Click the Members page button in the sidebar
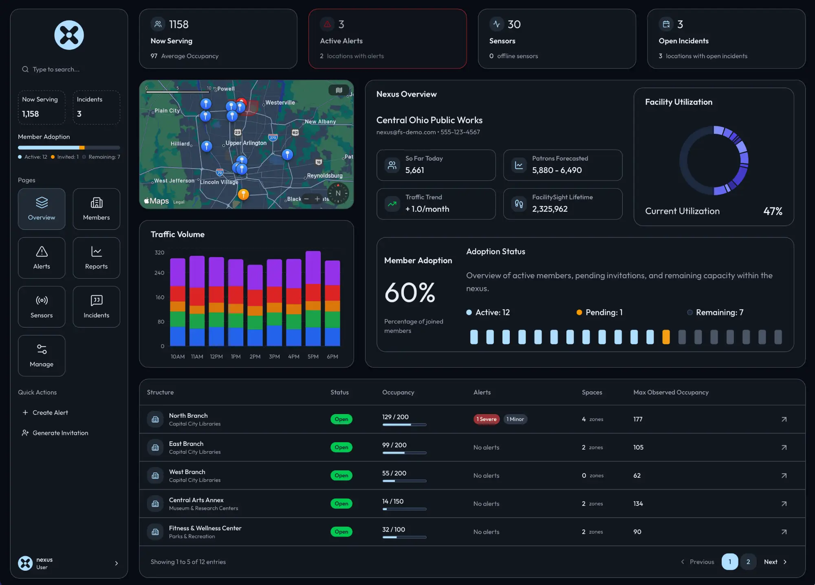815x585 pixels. [x=96, y=209]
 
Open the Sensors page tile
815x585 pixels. [x=42, y=306]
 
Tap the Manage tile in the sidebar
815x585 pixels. [x=42, y=355]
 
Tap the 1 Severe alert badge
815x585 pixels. [x=486, y=419]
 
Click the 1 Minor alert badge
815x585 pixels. [x=515, y=419]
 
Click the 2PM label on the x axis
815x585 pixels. [x=255, y=357]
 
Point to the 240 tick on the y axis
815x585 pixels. [x=159, y=273]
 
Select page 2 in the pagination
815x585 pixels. [x=748, y=562]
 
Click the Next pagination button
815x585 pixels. [x=775, y=562]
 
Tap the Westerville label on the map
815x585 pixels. [x=280, y=102]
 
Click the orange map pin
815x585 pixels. [x=243, y=194]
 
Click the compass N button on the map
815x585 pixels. [x=338, y=193]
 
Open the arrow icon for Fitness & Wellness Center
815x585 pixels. [x=784, y=532]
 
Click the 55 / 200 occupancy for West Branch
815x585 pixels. [x=394, y=473]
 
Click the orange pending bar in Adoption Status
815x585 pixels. [x=666, y=337]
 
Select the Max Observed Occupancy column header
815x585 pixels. [x=671, y=392]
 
